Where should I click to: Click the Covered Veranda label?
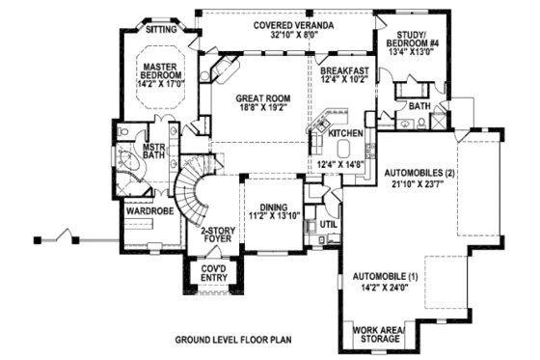click(282, 23)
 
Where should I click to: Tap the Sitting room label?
click(162, 30)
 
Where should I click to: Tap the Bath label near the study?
click(418, 104)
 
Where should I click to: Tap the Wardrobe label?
click(143, 208)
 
